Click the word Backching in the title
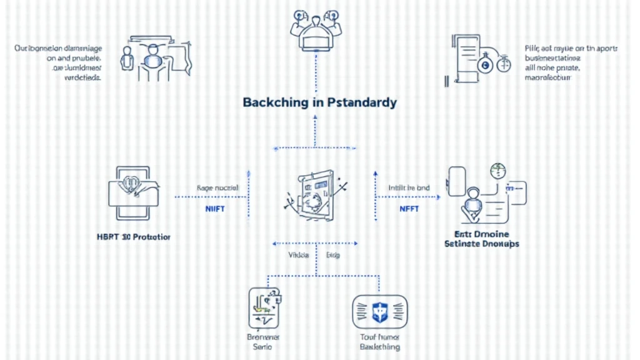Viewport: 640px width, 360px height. [x=273, y=102]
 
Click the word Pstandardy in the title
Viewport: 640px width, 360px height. [x=362, y=102]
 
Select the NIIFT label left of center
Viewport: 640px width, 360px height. [x=214, y=209]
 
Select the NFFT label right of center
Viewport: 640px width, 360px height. [x=409, y=209]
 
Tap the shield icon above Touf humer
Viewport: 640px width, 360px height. [x=380, y=311]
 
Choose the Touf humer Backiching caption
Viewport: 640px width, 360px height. [x=380, y=341]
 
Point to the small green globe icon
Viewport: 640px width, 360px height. [x=497, y=169]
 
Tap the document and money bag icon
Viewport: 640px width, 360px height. [x=478, y=59]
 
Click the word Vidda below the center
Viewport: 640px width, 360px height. [x=298, y=255]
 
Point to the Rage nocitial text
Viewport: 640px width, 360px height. [x=214, y=187]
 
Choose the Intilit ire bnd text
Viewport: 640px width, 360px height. [x=409, y=187]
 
